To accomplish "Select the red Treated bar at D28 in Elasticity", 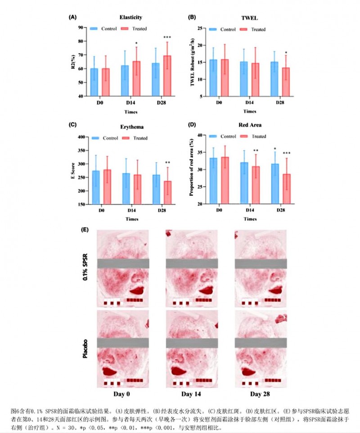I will [167, 76].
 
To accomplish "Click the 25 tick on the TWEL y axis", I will [202, 27].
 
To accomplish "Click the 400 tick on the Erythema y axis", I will [83, 137].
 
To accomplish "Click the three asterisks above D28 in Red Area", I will [286, 153].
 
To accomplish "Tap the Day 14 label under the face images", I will [191, 394].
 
